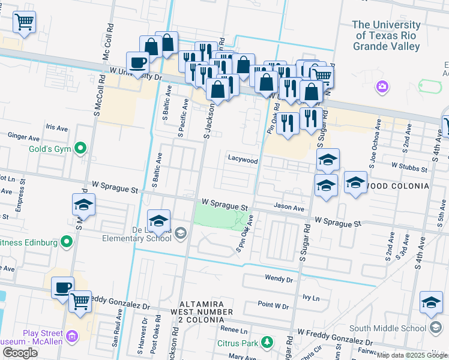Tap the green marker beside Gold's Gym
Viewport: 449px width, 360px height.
click(79, 148)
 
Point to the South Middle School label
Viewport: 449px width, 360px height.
click(387, 328)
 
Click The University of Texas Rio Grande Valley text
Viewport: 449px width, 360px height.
click(386, 35)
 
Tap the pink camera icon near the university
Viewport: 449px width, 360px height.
click(382, 88)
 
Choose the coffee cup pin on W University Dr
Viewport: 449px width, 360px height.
click(137, 62)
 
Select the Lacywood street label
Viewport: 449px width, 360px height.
click(243, 160)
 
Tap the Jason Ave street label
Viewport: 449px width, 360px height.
click(289, 208)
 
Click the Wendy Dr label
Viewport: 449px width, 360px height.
click(279, 278)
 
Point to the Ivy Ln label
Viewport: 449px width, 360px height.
click(310, 296)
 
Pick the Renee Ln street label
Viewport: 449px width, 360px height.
click(234, 330)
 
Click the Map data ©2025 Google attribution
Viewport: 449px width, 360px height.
click(412, 355)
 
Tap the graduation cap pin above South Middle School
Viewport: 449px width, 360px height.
click(431, 302)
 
